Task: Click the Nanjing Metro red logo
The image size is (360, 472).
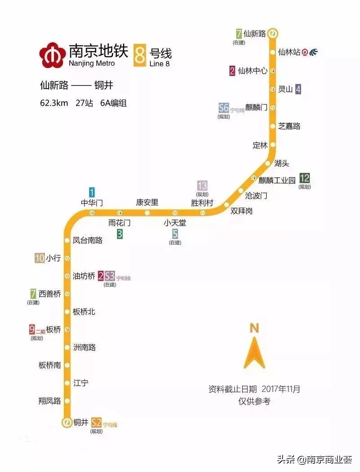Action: click(x=52, y=54)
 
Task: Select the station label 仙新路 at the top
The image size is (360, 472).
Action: click(x=255, y=33)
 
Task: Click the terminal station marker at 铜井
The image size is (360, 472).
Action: click(x=67, y=422)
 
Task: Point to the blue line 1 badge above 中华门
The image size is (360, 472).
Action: click(x=92, y=192)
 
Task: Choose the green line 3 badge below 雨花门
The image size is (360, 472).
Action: click(x=120, y=234)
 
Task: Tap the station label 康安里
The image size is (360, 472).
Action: click(x=147, y=202)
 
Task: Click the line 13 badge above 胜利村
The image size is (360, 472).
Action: click(x=202, y=185)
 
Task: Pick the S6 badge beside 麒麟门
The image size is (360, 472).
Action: click(x=224, y=108)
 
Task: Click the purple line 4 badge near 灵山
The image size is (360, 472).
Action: click(x=298, y=89)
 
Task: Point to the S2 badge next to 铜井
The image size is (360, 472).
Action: click(x=96, y=422)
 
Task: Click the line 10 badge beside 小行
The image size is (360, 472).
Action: click(x=40, y=258)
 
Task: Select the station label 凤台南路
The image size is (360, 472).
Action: click(x=88, y=240)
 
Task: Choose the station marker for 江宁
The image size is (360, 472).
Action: click(x=67, y=383)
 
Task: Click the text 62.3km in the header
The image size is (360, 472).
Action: click(x=54, y=103)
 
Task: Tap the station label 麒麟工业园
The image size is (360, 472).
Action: click(x=277, y=180)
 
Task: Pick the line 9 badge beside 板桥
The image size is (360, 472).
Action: click(x=32, y=329)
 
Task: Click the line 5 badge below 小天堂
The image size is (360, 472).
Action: click(x=175, y=234)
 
